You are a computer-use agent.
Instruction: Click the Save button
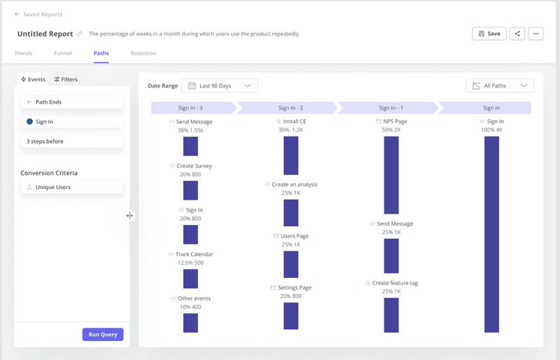(x=489, y=34)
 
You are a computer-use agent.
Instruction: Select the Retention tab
(x=143, y=53)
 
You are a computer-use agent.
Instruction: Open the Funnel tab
(x=63, y=53)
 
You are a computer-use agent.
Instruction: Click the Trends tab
(x=23, y=53)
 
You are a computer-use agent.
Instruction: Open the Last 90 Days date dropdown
(x=220, y=85)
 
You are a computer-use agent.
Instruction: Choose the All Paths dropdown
(x=500, y=85)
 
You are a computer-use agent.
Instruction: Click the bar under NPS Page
(x=391, y=174)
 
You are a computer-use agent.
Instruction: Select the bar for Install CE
(x=291, y=155)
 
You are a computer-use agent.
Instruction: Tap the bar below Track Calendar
(x=190, y=279)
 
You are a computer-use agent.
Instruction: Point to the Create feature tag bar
(x=391, y=314)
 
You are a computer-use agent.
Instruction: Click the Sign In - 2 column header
(x=290, y=108)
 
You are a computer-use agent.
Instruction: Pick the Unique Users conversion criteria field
(x=72, y=187)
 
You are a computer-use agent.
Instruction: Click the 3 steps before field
(x=72, y=141)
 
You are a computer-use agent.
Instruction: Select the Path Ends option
(x=72, y=102)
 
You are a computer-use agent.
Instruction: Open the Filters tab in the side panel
(x=66, y=79)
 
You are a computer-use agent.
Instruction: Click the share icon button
(x=517, y=34)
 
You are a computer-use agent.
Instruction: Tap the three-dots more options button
(x=535, y=34)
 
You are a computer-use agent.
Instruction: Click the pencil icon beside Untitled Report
(x=79, y=34)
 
